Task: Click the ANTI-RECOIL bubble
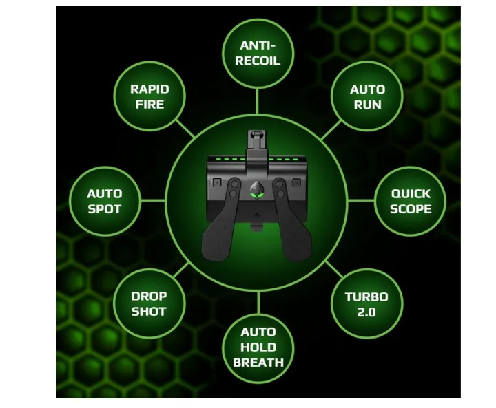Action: pyautogui.click(x=258, y=54)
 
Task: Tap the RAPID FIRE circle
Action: pyautogui.click(x=149, y=96)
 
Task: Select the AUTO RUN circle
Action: pyautogui.click(x=367, y=96)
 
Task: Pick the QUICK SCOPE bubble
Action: pyautogui.click(x=411, y=202)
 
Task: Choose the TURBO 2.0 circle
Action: pyautogui.click(x=367, y=304)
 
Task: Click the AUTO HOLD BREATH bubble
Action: pyautogui.click(x=258, y=347)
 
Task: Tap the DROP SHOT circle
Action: pyautogui.click(x=149, y=303)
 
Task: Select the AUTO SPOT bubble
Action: pyautogui.click(x=105, y=202)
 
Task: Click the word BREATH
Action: pyautogui.click(x=258, y=363)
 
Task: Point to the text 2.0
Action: pyautogui.click(x=366, y=312)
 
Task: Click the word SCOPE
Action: pyautogui.click(x=411, y=209)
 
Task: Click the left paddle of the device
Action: pyautogui.click(x=220, y=222)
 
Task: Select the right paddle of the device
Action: pyautogui.click(x=293, y=222)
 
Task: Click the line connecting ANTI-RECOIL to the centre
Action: pyautogui.click(x=258, y=101)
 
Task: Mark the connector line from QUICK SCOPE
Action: pyautogui.click(x=361, y=200)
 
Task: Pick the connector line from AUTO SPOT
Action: pyautogui.click(x=153, y=200)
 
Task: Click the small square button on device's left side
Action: pyautogui.click(x=217, y=182)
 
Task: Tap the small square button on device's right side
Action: pyautogui.click(x=296, y=182)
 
